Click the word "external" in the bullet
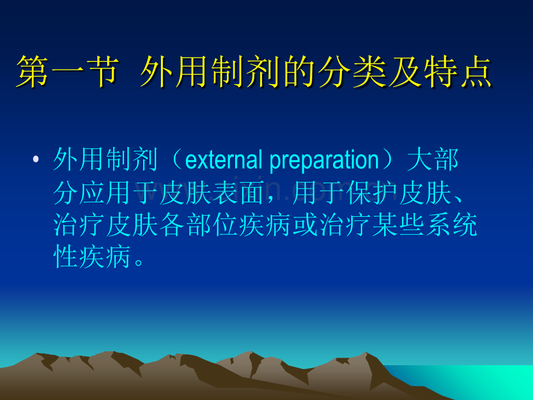pyautogui.click(x=224, y=160)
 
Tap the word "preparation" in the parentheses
pyautogui.click(x=324, y=161)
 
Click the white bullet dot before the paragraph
pyautogui.click(x=36, y=159)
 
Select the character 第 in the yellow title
pyautogui.click(x=32, y=72)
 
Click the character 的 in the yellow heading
pyautogui.click(x=299, y=72)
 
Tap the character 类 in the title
pyautogui.click(x=370, y=72)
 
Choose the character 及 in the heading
pyautogui.click(x=404, y=72)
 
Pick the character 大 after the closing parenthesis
pyautogui.click(x=420, y=159)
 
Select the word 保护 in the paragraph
pyautogui.click(x=371, y=192)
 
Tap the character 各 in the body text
pyautogui.click(x=172, y=224)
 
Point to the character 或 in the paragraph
pyautogui.click(x=305, y=224)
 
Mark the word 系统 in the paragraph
pyautogui.click(x=451, y=224)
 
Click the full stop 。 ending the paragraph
pyautogui.click(x=138, y=263)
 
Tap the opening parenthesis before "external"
pyautogui.click(x=177, y=159)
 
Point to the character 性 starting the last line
pyautogui.click(x=66, y=256)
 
